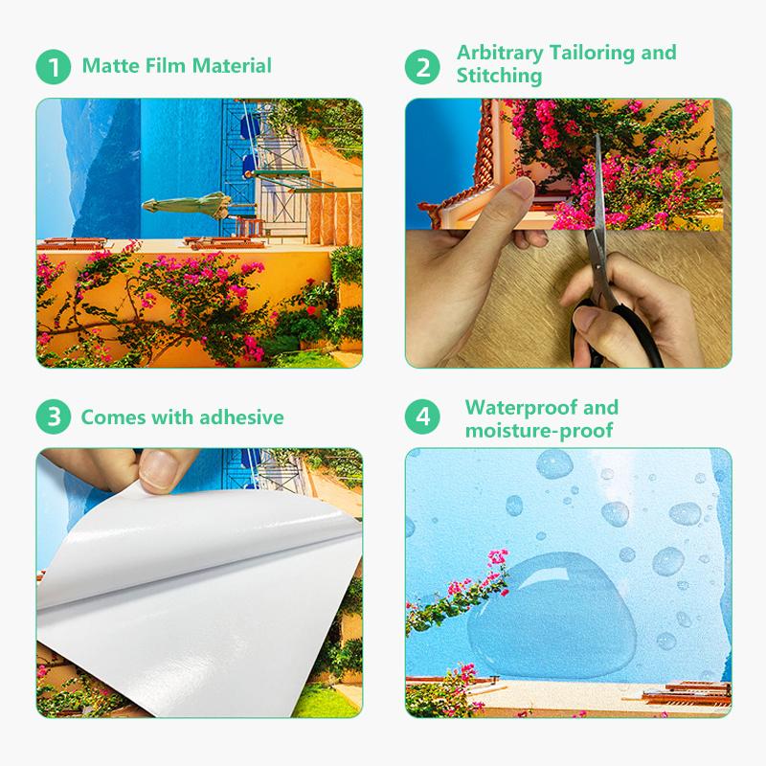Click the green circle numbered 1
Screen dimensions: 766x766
[54, 67]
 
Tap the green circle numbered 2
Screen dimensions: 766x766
[422, 67]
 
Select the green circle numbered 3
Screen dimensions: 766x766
[54, 417]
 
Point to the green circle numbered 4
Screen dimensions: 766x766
[422, 417]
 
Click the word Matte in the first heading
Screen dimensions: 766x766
[110, 66]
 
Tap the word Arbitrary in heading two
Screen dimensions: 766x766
[500, 53]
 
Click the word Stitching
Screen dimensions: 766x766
[499, 76]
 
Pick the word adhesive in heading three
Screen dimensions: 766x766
[242, 417]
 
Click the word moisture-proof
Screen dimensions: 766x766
[539, 430]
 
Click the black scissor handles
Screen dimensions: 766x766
[617, 332]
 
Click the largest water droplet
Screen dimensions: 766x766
[552, 616]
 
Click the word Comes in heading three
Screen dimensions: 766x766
[114, 417]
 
